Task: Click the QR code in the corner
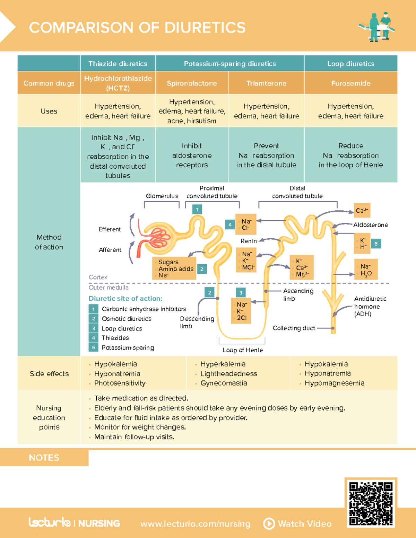pyautogui.click(x=371, y=504)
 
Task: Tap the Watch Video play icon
pyautogui.click(x=269, y=523)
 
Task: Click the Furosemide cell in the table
pyautogui.click(x=351, y=83)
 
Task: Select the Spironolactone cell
pyautogui.click(x=192, y=83)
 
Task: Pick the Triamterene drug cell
pyautogui.click(x=266, y=83)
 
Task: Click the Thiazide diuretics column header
pyautogui.click(x=118, y=64)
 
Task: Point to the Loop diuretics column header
pyautogui.click(x=351, y=64)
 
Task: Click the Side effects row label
pyautogui.click(x=49, y=373)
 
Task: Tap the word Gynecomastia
pyautogui.click(x=224, y=383)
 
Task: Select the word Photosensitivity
pyautogui.click(x=120, y=383)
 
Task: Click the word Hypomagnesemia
pyautogui.click(x=334, y=383)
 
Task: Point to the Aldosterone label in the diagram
pyautogui.click(x=371, y=225)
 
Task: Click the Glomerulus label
pyautogui.click(x=162, y=196)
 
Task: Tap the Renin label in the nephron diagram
pyautogui.click(x=249, y=241)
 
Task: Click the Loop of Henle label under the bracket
pyautogui.click(x=243, y=350)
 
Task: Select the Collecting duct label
pyautogui.click(x=294, y=328)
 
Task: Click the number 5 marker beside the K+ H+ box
pyautogui.click(x=376, y=244)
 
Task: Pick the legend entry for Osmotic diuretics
pyautogui.click(x=126, y=319)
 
